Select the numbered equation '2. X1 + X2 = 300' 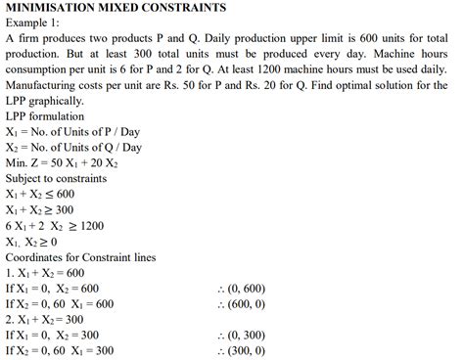pos(47,319)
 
